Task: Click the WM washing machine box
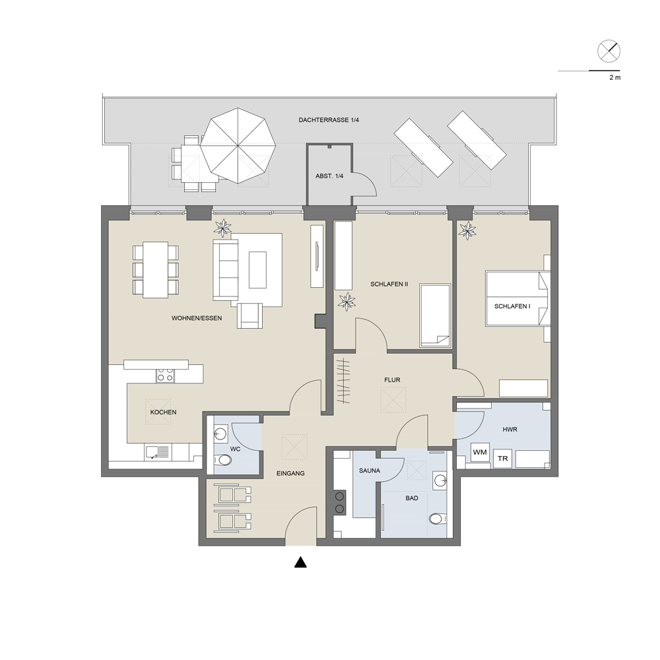tap(480, 453)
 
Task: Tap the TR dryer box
tap(502, 459)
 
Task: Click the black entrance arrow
tap(300, 562)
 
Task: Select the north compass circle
tap(609, 51)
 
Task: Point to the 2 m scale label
tap(614, 77)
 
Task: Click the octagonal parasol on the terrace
tap(238, 146)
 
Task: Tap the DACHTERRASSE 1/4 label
tap(329, 120)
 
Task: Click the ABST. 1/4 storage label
tap(329, 176)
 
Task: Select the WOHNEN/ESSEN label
tap(197, 318)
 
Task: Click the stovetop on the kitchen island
tap(165, 375)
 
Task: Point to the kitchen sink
tap(158, 453)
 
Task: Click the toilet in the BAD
tap(438, 519)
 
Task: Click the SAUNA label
tap(370, 471)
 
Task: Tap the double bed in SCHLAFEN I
tap(517, 298)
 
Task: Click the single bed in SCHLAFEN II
tap(435, 315)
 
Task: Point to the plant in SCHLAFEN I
tap(467, 230)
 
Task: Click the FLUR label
tap(392, 379)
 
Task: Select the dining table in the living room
tap(156, 270)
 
